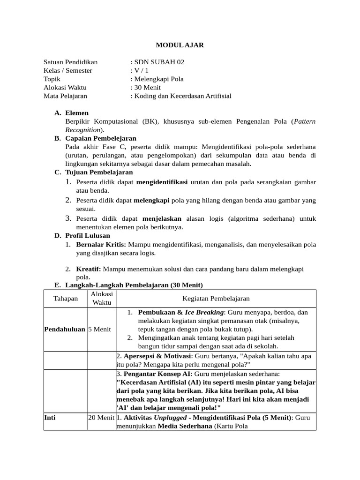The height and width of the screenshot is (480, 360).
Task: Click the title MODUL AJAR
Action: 180,45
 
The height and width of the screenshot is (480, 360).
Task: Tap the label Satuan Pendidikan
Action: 70,62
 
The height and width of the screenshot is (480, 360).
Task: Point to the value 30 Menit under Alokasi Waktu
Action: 147,87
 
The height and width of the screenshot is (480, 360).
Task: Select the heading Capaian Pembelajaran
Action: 101,138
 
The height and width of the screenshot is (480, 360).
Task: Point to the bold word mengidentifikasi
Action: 162,181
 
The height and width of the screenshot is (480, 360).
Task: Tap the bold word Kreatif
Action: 89,269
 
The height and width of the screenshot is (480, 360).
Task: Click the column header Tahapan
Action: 66,299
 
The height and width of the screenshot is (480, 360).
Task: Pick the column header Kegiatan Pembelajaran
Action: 216,299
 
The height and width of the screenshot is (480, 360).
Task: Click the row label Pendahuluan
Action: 65,329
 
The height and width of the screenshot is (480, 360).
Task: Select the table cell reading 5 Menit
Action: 99,329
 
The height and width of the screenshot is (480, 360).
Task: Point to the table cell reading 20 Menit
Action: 101,417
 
